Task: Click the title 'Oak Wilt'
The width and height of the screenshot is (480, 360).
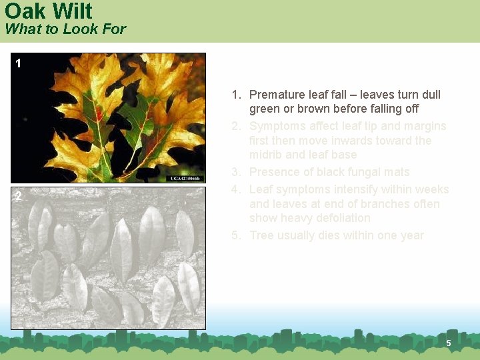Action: pyautogui.click(x=49, y=11)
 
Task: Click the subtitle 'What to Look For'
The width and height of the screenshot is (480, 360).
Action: pyautogui.click(x=65, y=29)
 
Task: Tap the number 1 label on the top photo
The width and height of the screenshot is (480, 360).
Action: pyautogui.click(x=19, y=64)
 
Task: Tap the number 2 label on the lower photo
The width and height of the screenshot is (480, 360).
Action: pyautogui.click(x=19, y=197)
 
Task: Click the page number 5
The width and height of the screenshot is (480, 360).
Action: pyautogui.click(x=449, y=343)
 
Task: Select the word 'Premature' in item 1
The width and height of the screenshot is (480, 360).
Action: pyautogui.click(x=276, y=95)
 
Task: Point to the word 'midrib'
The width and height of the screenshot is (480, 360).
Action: pyautogui.click(x=265, y=155)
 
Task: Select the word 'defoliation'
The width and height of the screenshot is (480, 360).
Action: pyautogui.click(x=342, y=218)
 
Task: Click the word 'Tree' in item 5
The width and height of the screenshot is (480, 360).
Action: pyautogui.click(x=262, y=235)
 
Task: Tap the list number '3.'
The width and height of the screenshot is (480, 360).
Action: pyautogui.click(x=237, y=173)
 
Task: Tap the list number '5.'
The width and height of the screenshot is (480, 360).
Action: pyautogui.click(x=237, y=235)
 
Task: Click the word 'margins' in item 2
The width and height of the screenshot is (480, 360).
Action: pyautogui.click(x=424, y=126)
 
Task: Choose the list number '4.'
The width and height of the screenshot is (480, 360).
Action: pyautogui.click(x=237, y=189)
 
